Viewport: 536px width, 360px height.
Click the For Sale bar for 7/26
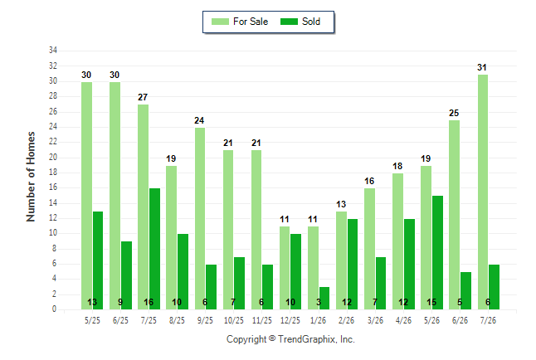[483, 192]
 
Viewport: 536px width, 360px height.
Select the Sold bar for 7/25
[154, 249]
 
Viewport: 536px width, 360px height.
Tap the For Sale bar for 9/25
[200, 219]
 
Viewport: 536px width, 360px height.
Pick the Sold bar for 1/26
[324, 299]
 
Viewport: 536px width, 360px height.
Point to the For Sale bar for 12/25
[285, 268]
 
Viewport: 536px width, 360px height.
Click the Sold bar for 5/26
[437, 253]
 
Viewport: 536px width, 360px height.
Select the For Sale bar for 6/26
[455, 215]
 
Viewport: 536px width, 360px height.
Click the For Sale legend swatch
[220, 22]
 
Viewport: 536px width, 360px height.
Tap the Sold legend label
[311, 22]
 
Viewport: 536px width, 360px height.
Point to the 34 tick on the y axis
[52, 51]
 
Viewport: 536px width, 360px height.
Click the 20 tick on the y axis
[52, 158]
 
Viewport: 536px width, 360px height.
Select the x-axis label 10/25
[234, 320]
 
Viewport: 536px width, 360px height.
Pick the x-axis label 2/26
[346, 320]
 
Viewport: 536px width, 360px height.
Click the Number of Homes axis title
[31, 177]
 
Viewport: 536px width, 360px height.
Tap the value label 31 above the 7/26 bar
[482, 67]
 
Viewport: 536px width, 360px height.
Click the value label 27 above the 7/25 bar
[143, 97]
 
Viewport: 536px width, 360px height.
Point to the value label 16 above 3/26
[369, 181]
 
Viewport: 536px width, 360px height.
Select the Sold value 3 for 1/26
[319, 302]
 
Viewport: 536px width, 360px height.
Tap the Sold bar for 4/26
[409, 265]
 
